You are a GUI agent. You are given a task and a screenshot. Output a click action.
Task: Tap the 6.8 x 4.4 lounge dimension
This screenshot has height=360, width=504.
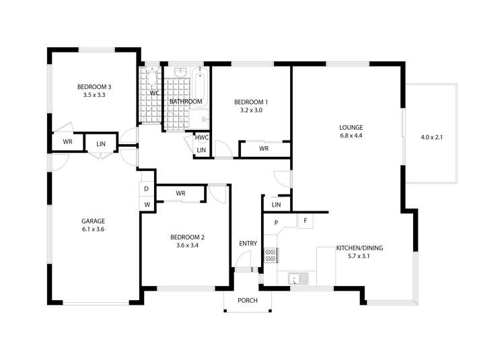[x=351, y=136]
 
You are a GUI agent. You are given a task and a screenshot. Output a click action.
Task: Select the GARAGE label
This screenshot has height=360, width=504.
[x=94, y=221]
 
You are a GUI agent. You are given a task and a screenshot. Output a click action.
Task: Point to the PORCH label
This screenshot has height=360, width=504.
[x=248, y=300]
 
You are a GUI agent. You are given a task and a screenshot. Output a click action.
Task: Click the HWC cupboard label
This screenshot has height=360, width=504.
[x=202, y=137]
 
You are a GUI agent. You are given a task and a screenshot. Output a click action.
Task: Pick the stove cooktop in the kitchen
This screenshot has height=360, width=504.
[x=271, y=255]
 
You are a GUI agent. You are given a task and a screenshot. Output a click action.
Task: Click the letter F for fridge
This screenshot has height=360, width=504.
[x=305, y=220]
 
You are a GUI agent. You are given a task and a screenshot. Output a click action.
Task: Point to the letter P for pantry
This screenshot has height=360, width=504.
[x=276, y=223]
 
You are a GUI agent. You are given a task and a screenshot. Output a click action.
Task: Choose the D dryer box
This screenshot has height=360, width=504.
[x=147, y=188]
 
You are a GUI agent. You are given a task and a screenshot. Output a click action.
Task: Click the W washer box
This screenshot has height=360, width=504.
[x=147, y=204]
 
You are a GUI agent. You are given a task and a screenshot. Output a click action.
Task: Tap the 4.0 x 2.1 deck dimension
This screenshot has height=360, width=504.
[x=431, y=137]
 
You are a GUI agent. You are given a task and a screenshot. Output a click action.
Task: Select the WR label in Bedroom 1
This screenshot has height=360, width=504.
[x=264, y=149]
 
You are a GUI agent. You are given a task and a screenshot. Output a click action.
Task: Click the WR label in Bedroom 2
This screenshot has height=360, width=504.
[x=180, y=193]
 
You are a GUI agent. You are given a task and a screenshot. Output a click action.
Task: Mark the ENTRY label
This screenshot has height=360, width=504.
[x=248, y=244]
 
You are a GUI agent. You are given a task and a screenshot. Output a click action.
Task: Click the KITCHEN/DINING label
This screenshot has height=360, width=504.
[x=359, y=248]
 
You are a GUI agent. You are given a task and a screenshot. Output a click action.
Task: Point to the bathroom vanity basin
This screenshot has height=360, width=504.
[x=180, y=73]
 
